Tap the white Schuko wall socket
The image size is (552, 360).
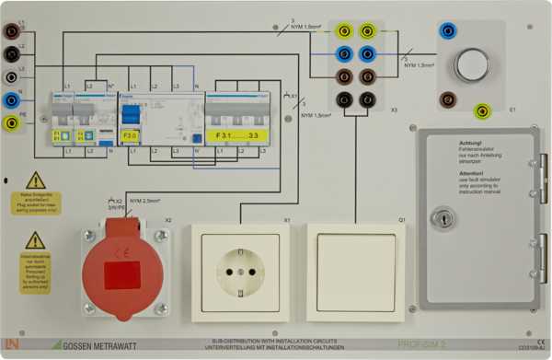(240, 273)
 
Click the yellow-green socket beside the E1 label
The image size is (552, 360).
(481, 111)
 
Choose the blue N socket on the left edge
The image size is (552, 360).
(11, 99)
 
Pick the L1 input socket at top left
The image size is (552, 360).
(11, 31)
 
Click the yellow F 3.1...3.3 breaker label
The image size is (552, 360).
(236, 134)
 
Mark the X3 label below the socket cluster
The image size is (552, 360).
(394, 110)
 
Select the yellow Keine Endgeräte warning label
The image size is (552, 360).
(36, 203)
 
